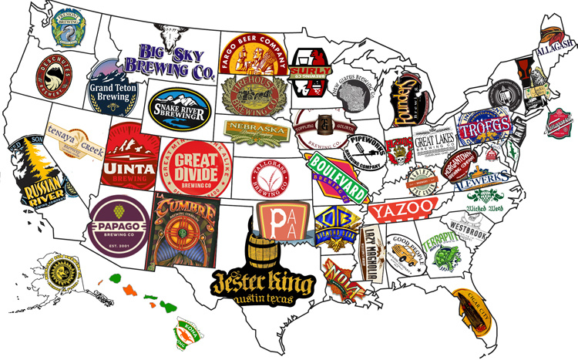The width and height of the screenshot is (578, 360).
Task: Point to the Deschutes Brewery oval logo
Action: click(55, 75)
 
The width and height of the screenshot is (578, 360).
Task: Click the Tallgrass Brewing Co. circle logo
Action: click(271, 178)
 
